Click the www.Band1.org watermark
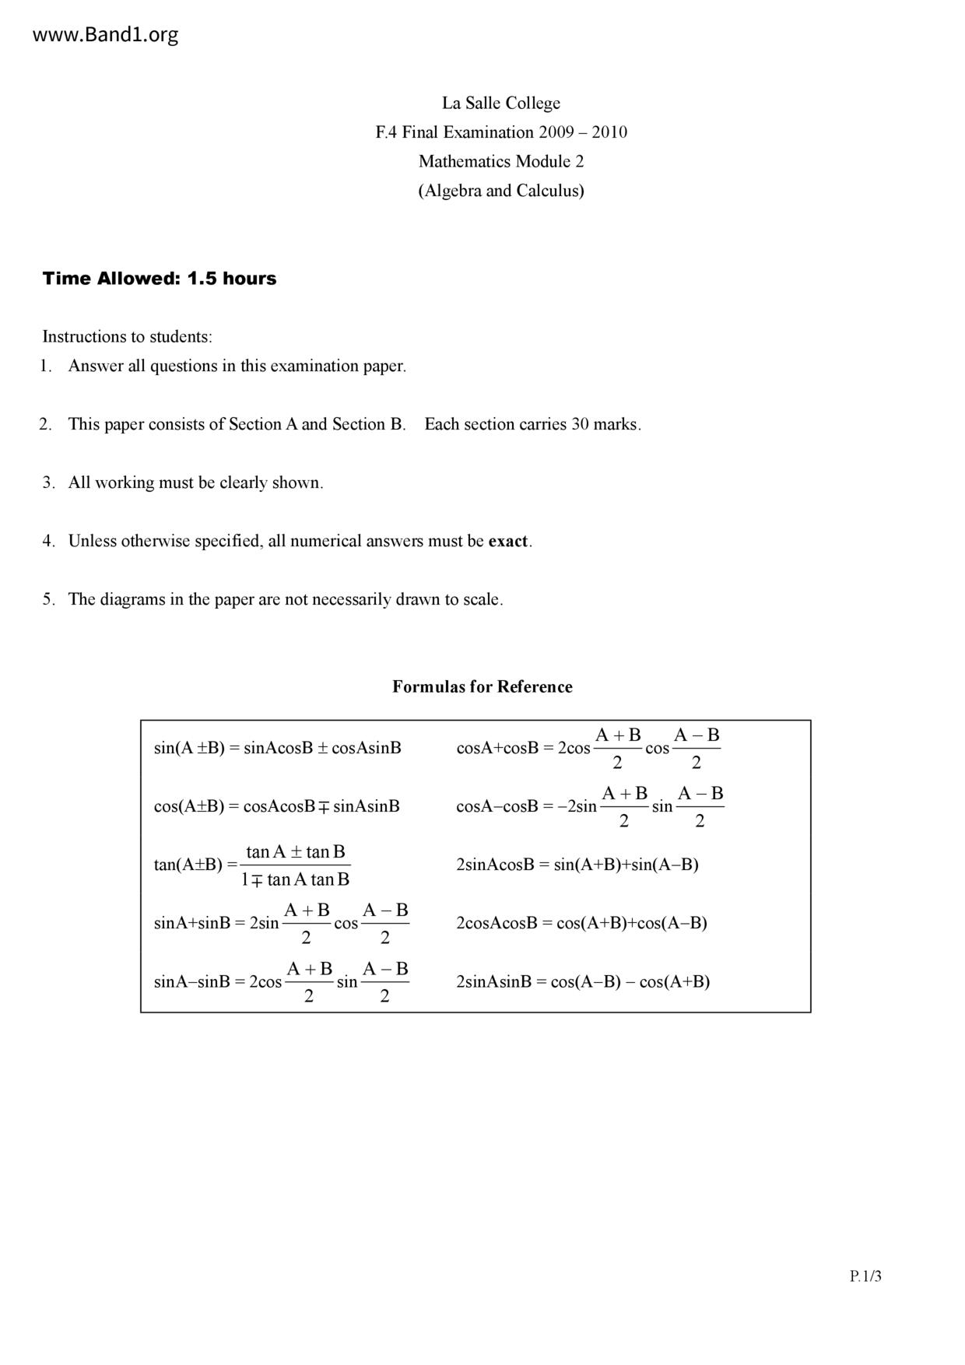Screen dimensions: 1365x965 point(106,35)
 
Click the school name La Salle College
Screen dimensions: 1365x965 point(501,104)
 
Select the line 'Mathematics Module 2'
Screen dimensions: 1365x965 point(501,162)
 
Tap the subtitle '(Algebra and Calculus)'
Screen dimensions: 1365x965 point(501,191)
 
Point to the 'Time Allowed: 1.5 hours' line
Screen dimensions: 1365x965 point(160,279)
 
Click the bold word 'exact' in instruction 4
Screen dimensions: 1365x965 point(507,542)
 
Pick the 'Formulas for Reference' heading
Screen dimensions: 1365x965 point(482,687)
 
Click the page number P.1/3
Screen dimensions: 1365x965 point(865,1276)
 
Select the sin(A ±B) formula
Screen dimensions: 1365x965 point(278,749)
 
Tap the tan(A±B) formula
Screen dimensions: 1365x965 point(252,865)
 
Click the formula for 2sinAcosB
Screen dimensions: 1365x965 point(577,865)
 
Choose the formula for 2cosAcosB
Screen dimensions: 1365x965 point(581,923)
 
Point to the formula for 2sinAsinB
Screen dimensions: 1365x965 point(583,981)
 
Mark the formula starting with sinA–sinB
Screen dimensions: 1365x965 point(282,981)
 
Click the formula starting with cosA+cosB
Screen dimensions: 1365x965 point(588,749)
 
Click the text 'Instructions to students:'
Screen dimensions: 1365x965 point(127,337)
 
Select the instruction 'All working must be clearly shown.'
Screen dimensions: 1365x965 point(195,483)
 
